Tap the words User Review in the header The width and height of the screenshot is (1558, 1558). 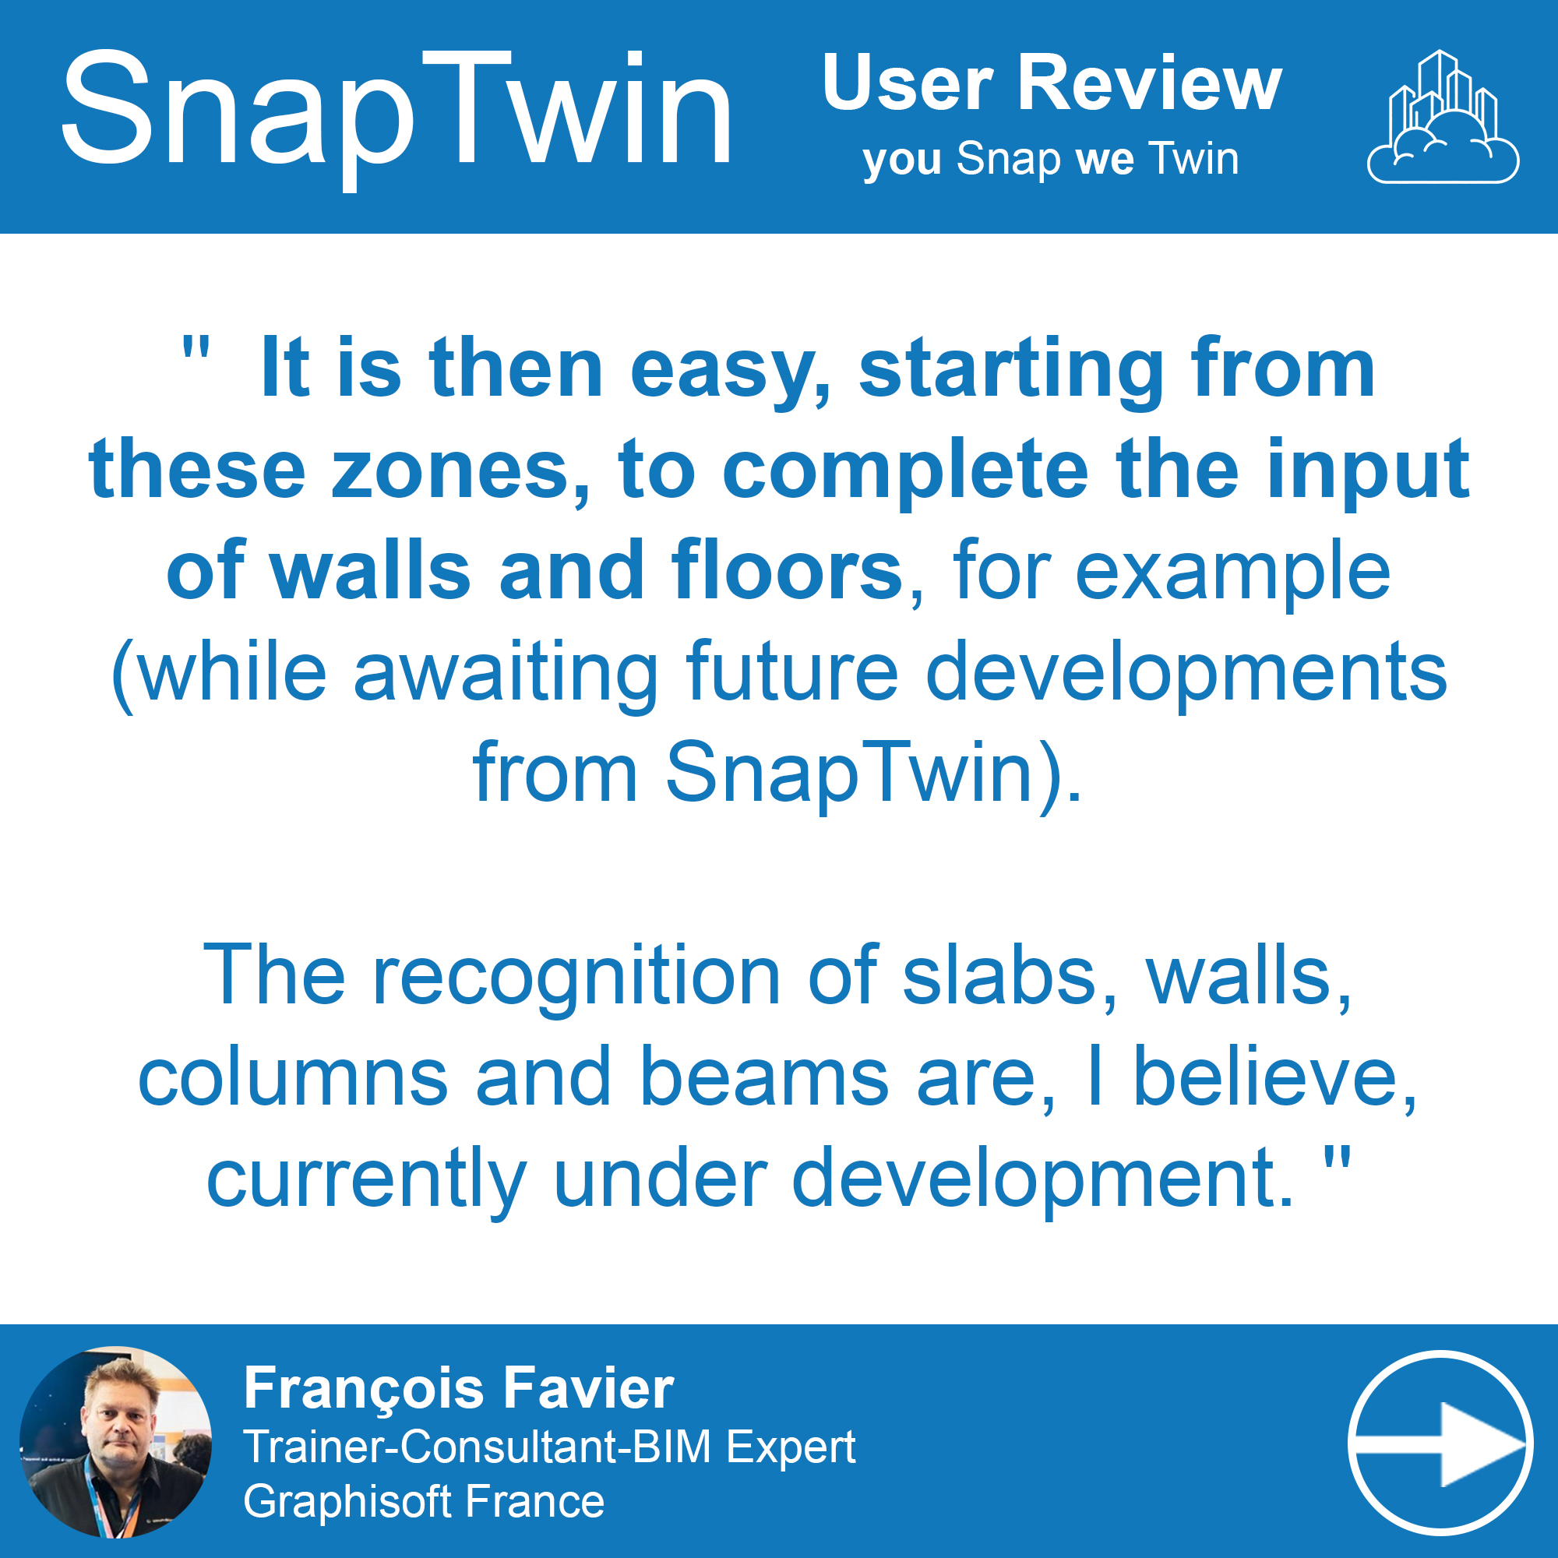tap(1052, 83)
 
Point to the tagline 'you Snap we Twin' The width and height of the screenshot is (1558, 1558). tap(1051, 160)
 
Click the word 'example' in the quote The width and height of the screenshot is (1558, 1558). tap(1233, 574)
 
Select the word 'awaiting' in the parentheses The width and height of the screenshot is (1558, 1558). tap(506, 675)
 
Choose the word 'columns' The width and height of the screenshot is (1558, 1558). tap(293, 1077)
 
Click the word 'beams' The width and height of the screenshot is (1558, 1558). tap(764, 1077)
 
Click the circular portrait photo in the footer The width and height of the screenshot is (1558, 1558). tap(116, 1443)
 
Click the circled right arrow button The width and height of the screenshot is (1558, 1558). tap(1440, 1443)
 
